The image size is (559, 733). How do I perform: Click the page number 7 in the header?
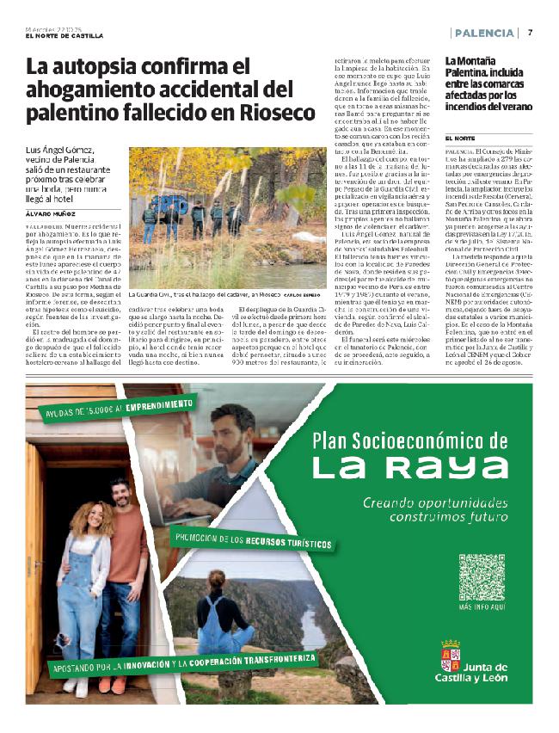point(531,33)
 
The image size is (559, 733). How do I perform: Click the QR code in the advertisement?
point(482,577)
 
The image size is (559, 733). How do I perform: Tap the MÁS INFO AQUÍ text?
point(482,607)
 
